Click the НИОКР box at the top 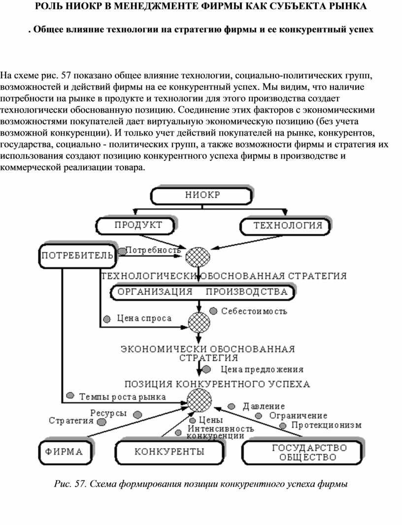click(202, 195)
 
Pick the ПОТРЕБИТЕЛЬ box click(76, 255)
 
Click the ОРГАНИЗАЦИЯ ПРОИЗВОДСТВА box click(201, 291)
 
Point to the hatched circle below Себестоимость click(199, 322)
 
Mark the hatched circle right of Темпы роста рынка click(199, 399)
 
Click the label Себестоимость click(254, 311)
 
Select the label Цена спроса click(144, 319)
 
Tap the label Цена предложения click(262, 369)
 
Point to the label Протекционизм click(327, 425)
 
